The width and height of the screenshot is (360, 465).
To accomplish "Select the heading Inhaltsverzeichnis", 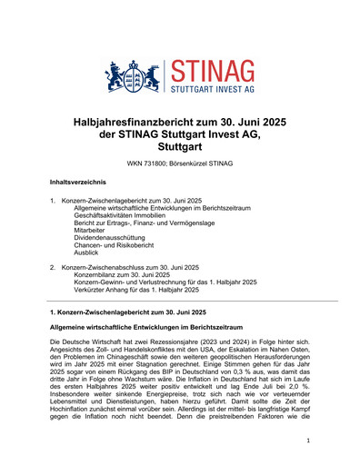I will tap(79, 183).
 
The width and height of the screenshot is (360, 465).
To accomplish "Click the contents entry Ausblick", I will tap(87, 256).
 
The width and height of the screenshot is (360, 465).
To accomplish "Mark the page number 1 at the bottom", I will tap(309, 440).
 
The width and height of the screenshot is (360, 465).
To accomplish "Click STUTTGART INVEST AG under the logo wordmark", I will tap(211, 90).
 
